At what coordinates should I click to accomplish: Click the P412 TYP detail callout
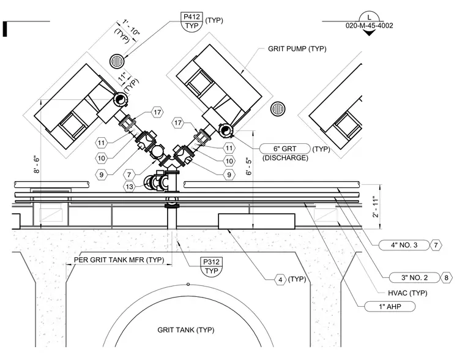192,21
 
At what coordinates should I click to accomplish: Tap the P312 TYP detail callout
212,266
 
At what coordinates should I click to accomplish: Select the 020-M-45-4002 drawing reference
369,26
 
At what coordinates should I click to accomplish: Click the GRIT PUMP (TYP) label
297,48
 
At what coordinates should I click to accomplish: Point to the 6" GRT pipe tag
285,148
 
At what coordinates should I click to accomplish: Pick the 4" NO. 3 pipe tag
404,245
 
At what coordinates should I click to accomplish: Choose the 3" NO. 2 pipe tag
414,277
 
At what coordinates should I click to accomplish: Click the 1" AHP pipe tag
390,306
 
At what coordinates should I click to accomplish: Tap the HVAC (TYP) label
407,293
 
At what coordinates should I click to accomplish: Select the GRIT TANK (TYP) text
186,330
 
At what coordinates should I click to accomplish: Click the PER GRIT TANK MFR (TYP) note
119,260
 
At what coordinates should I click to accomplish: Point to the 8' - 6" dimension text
36,164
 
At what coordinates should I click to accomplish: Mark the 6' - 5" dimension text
248,167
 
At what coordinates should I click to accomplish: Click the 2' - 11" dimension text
376,206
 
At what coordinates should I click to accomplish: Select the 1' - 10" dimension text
131,28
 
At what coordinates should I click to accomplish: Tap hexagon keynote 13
129,187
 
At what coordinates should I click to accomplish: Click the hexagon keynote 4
280,280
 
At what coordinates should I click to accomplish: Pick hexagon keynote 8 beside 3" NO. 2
446,278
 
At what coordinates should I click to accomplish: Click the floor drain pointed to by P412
117,61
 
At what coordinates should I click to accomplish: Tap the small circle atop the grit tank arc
188,284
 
